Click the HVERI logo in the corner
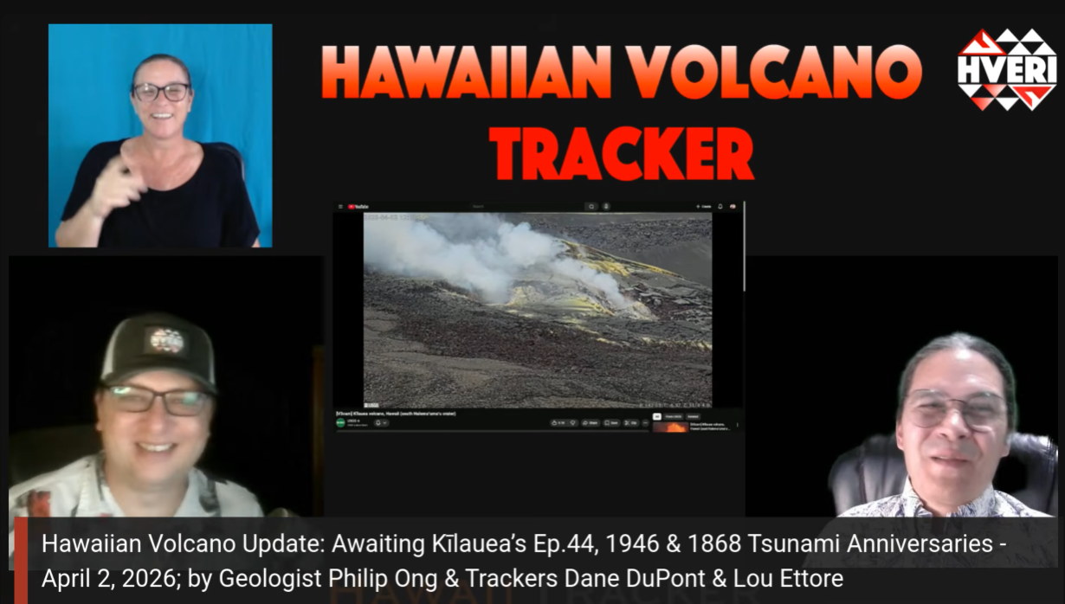1007,69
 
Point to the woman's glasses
161,92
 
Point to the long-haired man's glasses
955,408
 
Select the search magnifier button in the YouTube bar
591,207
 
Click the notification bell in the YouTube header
720,207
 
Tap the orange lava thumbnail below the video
670,427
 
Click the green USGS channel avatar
340,422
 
